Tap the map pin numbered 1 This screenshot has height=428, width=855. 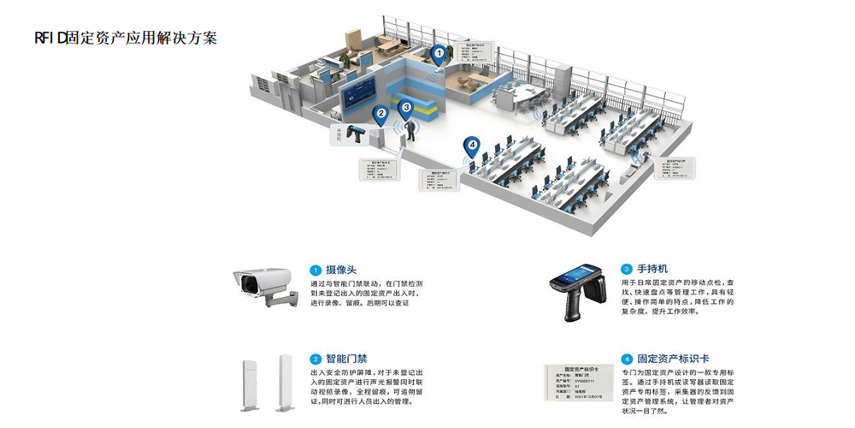coord(439,55)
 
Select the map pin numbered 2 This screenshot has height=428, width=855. coord(380,111)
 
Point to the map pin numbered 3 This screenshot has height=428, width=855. coord(406,109)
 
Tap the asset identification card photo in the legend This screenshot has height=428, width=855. coord(578,383)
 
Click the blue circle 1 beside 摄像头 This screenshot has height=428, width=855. coord(315,270)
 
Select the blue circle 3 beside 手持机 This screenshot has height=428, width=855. coord(627,269)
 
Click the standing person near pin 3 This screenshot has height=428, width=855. coord(411,129)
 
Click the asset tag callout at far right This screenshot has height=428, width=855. coord(675,169)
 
